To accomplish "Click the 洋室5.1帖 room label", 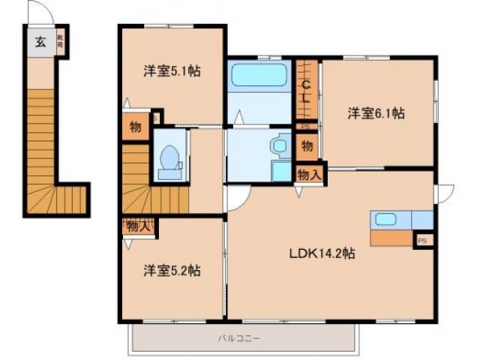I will click(x=172, y=72).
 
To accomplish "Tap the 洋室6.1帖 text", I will click(x=376, y=113).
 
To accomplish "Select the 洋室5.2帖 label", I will click(x=172, y=270).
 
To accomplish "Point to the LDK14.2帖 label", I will click(x=322, y=253).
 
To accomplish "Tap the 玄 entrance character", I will click(x=40, y=42).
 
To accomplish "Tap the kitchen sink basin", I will click(x=385, y=220).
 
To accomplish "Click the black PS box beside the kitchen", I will click(x=423, y=240).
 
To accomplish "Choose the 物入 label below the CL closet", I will click(x=310, y=175).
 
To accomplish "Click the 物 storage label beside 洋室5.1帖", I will click(x=135, y=127).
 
